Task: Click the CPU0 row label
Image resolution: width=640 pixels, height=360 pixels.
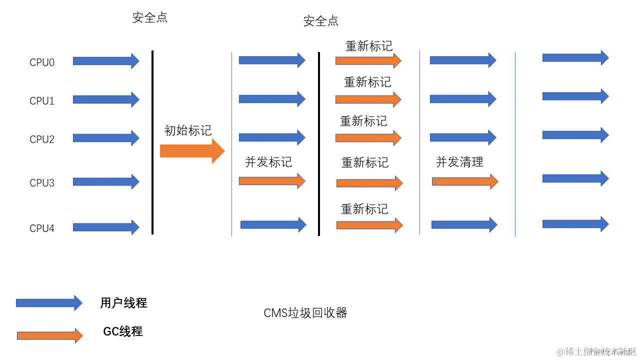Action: tap(42, 62)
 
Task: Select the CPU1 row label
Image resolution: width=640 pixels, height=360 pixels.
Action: tap(42, 101)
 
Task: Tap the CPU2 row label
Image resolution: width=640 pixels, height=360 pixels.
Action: tap(42, 139)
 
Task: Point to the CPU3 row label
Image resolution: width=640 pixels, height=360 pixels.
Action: tap(42, 183)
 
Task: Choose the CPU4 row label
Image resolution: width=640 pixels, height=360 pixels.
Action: tap(42, 228)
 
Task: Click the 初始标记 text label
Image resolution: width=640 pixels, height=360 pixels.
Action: tap(188, 130)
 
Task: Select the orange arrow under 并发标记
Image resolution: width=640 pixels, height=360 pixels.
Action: tap(271, 181)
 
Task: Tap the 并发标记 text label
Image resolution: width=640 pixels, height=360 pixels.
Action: tap(268, 162)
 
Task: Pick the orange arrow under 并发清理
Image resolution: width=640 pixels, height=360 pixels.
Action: tap(464, 181)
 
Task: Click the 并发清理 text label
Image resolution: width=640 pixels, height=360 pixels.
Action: tap(459, 162)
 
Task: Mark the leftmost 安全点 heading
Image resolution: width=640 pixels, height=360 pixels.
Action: tap(150, 18)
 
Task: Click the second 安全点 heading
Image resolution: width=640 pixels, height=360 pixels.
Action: tap(321, 21)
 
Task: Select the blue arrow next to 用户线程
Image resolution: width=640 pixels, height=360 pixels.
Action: tap(49, 303)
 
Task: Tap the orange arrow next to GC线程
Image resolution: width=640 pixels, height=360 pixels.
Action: tap(49, 335)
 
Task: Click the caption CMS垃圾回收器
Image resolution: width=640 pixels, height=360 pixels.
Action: tap(305, 313)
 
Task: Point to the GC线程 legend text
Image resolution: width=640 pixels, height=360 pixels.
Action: tap(123, 331)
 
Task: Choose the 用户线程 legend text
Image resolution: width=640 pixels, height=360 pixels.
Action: tap(123, 303)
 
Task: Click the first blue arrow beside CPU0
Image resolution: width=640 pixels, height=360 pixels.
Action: tap(105, 61)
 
